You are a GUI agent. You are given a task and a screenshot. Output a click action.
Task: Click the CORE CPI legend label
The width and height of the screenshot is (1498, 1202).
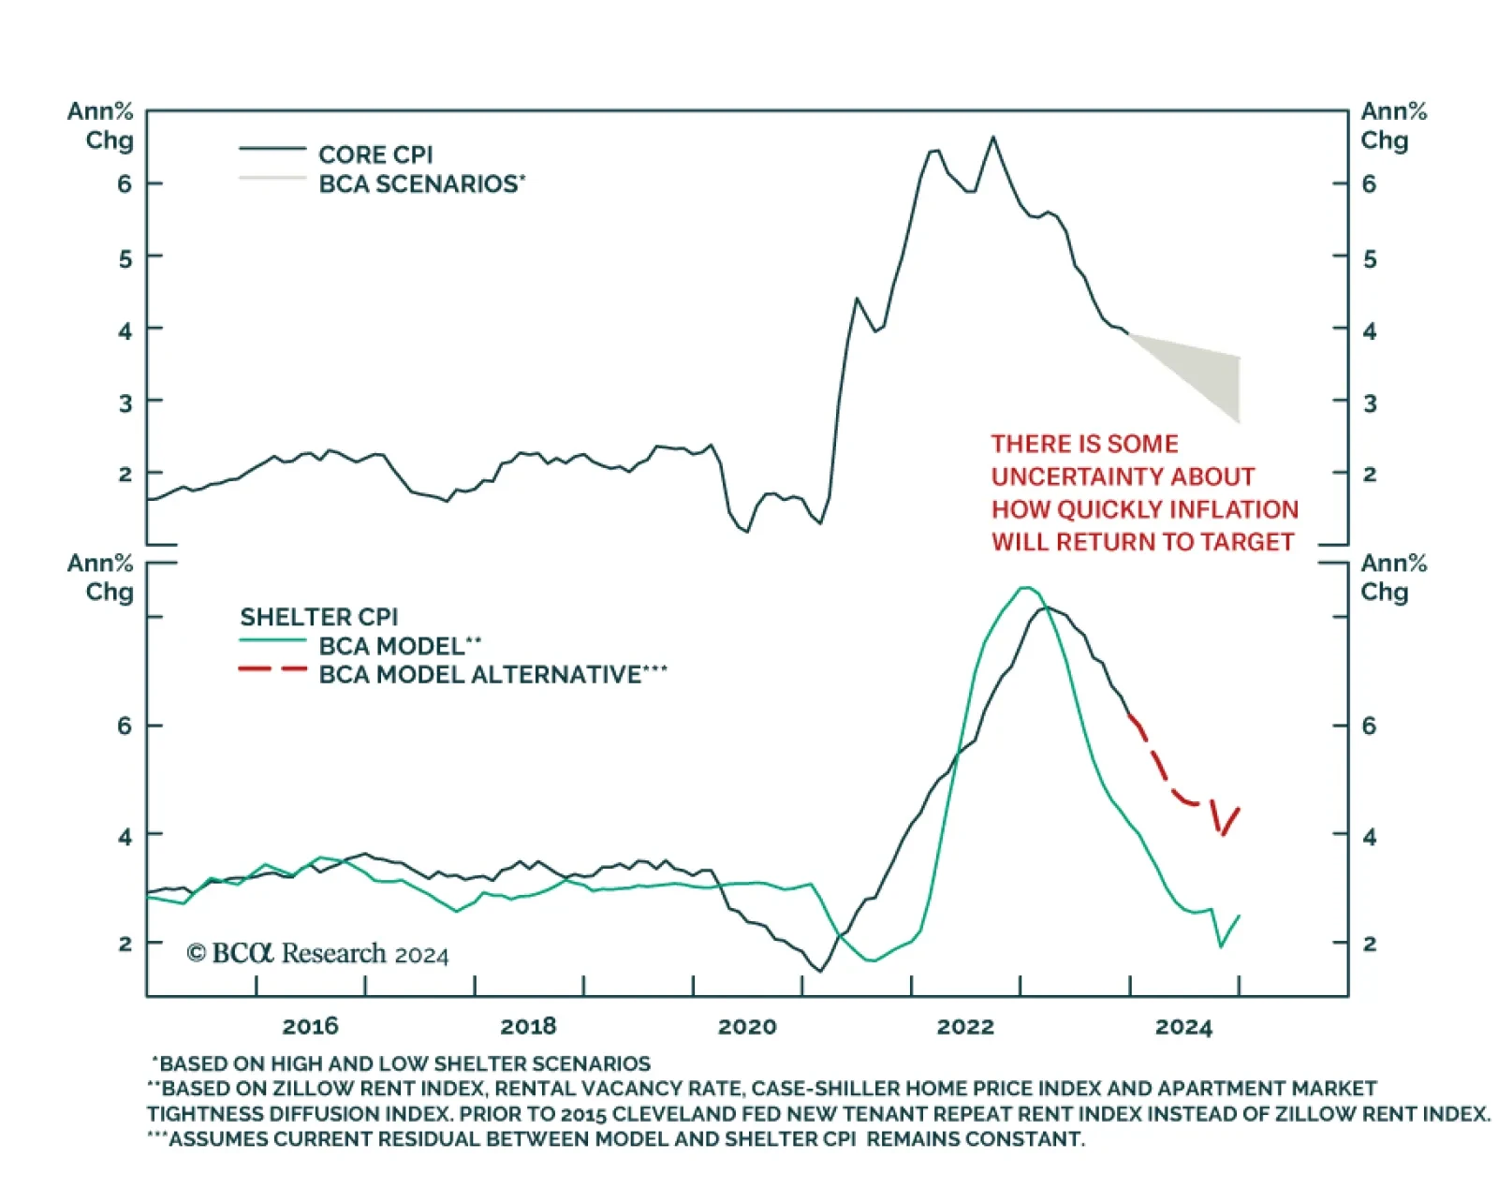point(375,154)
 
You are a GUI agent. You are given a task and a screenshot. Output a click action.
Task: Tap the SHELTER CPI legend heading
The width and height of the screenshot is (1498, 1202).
point(318,617)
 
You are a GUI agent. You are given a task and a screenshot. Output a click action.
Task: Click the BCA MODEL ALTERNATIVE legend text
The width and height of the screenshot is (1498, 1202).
point(492,675)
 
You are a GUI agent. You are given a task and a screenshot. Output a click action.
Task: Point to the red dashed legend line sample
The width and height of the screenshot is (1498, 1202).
point(272,669)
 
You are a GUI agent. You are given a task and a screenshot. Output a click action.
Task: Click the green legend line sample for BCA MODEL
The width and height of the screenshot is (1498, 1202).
point(272,640)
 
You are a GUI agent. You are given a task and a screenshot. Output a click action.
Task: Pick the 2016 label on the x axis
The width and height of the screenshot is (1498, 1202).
point(310,1027)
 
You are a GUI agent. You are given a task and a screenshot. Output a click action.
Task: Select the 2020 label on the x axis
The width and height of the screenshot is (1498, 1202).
point(747,1027)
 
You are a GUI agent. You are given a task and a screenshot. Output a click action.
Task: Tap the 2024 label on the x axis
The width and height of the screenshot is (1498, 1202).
point(1183,1027)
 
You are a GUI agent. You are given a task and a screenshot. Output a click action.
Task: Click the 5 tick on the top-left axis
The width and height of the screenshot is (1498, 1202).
point(125,257)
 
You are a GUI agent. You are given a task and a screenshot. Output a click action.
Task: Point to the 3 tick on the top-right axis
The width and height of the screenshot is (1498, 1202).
point(1370,403)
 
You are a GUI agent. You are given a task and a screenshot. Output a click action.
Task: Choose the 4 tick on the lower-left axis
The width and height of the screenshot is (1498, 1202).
point(125,836)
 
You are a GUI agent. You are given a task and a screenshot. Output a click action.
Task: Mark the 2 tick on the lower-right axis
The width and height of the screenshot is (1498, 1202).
point(1370,944)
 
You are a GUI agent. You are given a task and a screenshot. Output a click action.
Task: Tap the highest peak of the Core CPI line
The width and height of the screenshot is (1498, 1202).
point(993,138)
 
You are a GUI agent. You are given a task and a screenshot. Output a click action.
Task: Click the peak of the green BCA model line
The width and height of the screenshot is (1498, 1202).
point(1025,588)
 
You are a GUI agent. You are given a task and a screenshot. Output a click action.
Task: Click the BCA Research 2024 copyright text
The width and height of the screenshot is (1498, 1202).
point(317,954)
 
